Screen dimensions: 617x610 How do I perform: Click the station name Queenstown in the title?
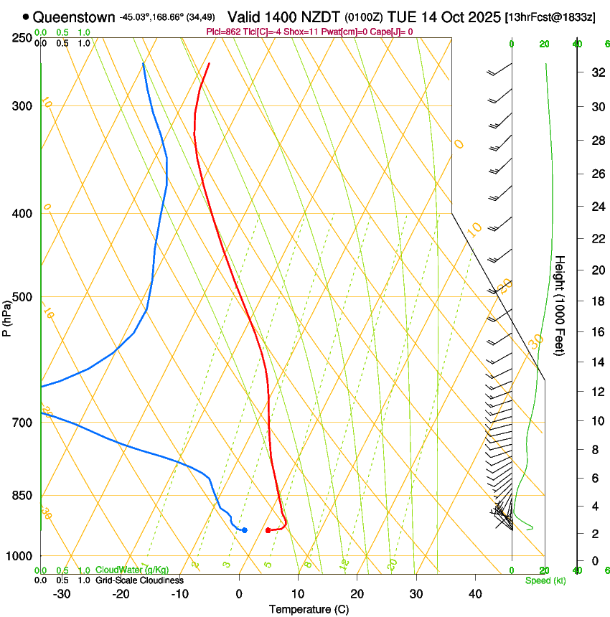(x=73, y=17)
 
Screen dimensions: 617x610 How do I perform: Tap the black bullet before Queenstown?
(x=26, y=17)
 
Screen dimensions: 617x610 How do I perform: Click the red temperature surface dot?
(x=268, y=530)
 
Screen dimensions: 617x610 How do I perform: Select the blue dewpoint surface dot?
(x=245, y=530)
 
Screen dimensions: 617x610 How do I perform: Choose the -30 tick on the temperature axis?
(x=62, y=593)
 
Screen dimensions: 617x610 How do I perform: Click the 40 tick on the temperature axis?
(x=475, y=593)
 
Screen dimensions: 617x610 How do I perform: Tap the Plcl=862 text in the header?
(x=224, y=32)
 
